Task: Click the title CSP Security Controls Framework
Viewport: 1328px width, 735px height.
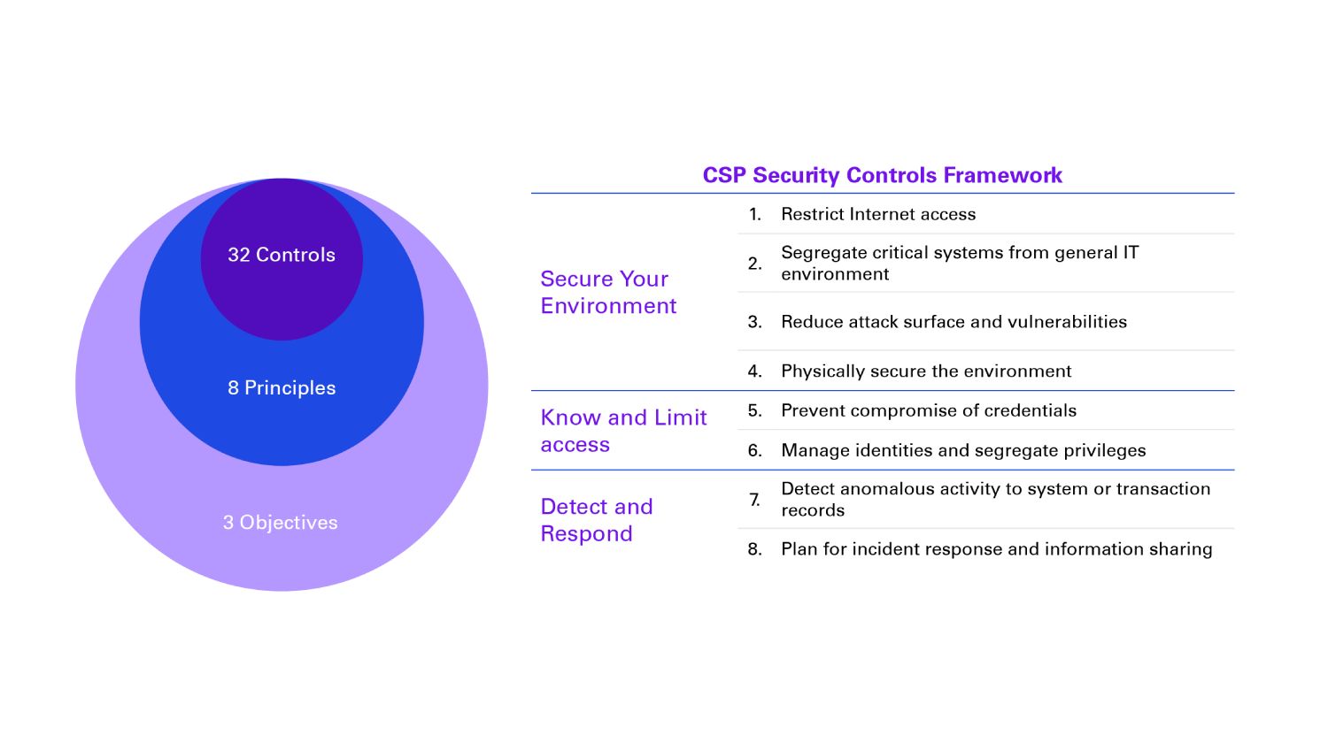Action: pyautogui.click(x=882, y=175)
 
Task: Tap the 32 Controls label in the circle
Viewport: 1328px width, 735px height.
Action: pyautogui.click(x=282, y=255)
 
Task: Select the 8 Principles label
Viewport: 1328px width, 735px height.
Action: pyautogui.click(x=282, y=387)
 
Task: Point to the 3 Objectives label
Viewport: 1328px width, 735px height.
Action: pyautogui.click(x=281, y=523)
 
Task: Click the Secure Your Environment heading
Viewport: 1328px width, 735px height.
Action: pyautogui.click(x=608, y=292)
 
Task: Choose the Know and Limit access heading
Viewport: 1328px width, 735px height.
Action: pyautogui.click(x=623, y=431)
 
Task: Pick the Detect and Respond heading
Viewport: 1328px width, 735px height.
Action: pyautogui.click(x=597, y=520)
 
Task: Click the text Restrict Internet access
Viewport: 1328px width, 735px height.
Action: pyautogui.click(x=878, y=214)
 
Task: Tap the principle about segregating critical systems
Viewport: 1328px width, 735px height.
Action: pyautogui.click(x=960, y=263)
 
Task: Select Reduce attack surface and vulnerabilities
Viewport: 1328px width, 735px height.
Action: pyautogui.click(x=954, y=322)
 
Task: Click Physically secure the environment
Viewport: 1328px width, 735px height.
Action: pyautogui.click(x=926, y=371)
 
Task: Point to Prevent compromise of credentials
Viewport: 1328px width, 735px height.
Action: pyautogui.click(x=929, y=410)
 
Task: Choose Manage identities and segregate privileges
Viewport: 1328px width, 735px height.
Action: pyautogui.click(x=963, y=451)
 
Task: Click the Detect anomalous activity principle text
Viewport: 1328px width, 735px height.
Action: pyautogui.click(x=995, y=499)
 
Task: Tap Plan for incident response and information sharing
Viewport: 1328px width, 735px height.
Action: pyautogui.click(x=996, y=549)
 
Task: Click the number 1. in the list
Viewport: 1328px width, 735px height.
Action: pyautogui.click(x=754, y=214)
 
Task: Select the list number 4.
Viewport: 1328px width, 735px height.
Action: pyautogui.click(x=754, y=371)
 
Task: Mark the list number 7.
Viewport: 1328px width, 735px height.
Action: pyautogui.click(x=754, y=500)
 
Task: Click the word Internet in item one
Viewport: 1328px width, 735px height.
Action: pyautogui.click(x=882, y=214)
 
